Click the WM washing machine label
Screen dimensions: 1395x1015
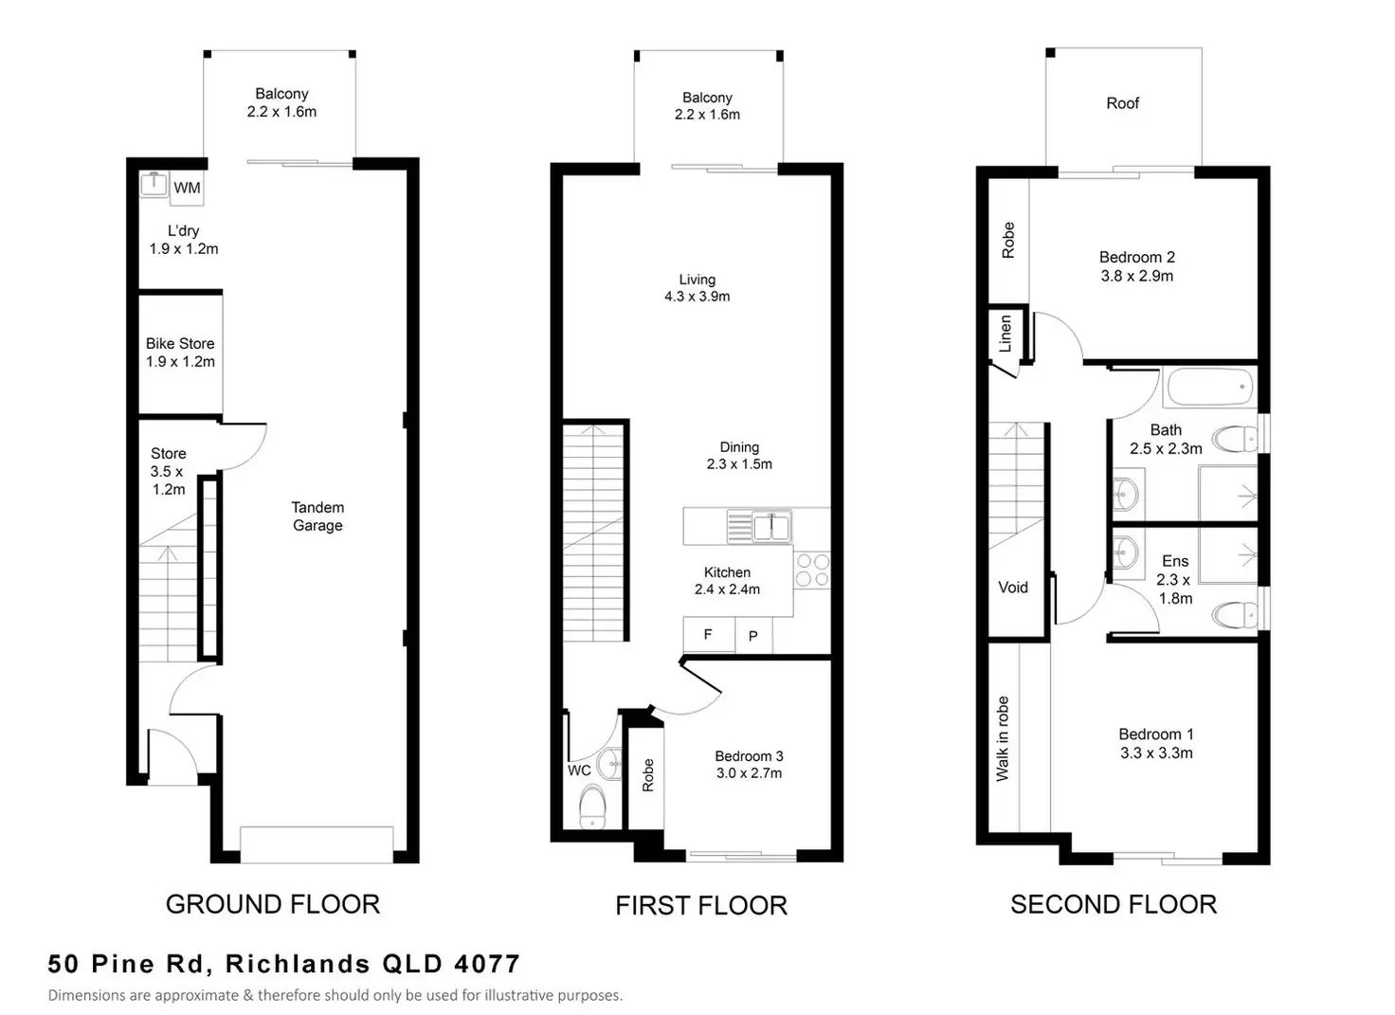point(187,188)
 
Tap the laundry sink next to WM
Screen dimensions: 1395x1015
point(154,184)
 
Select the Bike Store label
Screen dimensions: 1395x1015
point(180,343)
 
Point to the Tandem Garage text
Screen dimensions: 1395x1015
point(317,517)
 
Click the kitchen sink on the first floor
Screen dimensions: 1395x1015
point(758,527)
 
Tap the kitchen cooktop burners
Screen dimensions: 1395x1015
point(812,571)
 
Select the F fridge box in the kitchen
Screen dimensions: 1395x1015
point(708,635)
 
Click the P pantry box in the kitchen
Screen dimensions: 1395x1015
point(753,635)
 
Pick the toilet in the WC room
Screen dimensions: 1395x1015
point(592,807)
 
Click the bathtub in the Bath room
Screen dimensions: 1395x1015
point(1210,388)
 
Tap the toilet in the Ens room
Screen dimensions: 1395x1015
point(1235,615)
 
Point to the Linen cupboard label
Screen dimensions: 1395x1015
point(1005,334)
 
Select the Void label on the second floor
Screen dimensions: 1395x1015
point(1013,588)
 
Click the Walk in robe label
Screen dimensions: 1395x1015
point(1002,738)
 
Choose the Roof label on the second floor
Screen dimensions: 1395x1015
point(1122,103)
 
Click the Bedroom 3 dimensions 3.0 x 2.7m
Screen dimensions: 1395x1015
point(749,772)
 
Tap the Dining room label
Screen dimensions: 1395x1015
point(739,447)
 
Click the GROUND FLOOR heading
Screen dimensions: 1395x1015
point(273,904)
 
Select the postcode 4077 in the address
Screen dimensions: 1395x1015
point(487,964)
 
